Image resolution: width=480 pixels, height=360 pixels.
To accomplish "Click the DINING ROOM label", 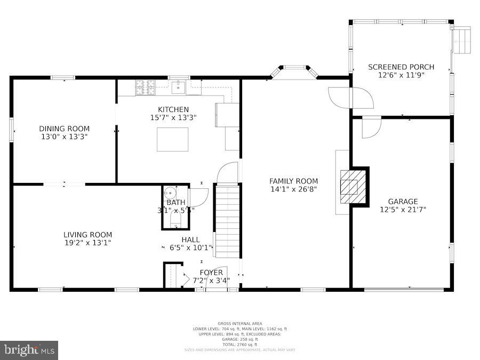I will [x=64, y=129].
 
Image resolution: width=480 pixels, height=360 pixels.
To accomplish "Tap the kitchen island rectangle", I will [x=172, y=139].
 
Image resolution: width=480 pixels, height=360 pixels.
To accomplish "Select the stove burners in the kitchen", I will [x=145, y=86].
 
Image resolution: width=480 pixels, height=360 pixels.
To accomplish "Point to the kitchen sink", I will [x=178, y=86].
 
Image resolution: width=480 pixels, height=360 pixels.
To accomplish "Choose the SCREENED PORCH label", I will [x=401, y=67].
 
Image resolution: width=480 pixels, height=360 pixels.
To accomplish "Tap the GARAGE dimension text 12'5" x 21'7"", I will [x=403, y=210].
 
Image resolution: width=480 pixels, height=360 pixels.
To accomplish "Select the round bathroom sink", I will [x=170, y=193].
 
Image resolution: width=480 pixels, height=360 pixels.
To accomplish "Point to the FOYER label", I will [x=211, y=273].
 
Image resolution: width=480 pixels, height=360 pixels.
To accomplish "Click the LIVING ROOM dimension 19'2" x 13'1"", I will [x=87, y=243].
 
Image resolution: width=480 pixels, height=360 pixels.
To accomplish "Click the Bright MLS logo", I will [x=29, y=350].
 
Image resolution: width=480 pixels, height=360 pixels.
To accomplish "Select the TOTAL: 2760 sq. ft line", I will [x=240, y=344].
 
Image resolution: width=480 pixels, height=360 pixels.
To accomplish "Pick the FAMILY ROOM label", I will [x=293, y=181].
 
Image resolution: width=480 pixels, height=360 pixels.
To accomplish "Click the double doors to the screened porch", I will [x=350, y=98].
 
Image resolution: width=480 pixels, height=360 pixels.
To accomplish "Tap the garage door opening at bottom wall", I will [x=404, y=289].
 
